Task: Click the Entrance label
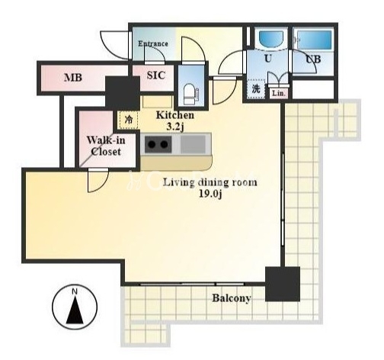[153, 43]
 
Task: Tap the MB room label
[73, 78]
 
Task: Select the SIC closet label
[156, 76]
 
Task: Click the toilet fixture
[190, 94]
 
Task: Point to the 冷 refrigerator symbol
[130, 120]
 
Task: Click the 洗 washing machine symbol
[256, 88]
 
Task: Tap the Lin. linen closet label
[279, 94]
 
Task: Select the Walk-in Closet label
[106, 146]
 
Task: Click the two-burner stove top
[158, 145]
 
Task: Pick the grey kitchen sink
[193, 144]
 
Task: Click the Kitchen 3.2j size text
[175, 121]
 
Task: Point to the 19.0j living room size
[210, 194]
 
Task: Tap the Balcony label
[232, 298]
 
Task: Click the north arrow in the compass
[75, 311]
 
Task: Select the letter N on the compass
[75, 291]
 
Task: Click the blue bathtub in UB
[315, 40]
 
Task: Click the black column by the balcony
[283, 284]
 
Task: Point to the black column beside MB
[123, 93]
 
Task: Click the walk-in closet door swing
[98, 181]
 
